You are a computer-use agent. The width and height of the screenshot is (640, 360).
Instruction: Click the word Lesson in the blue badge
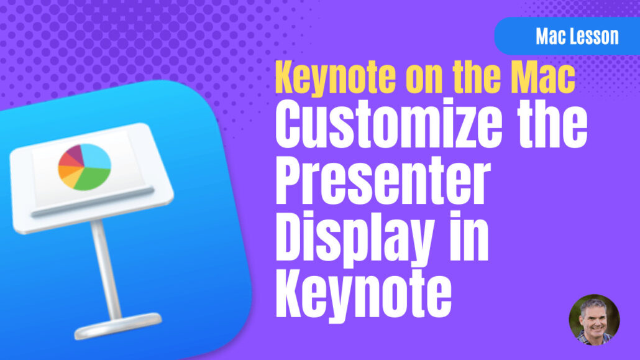(593, 36)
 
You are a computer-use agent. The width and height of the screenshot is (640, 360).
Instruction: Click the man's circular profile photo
(594, 320)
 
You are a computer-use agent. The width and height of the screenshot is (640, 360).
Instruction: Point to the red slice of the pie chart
(65, 161)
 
